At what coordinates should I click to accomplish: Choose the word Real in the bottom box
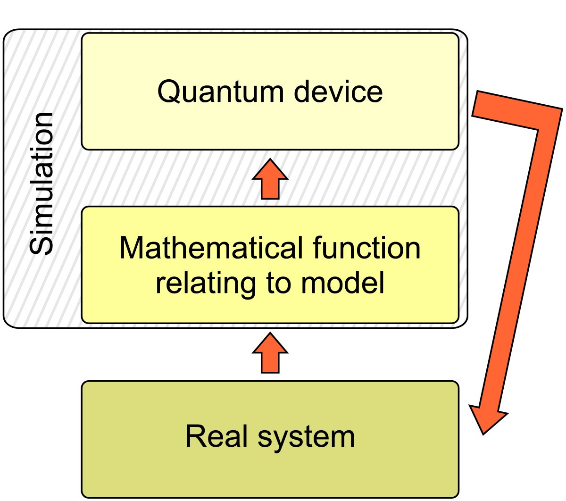pyautogui.click(x=215, y=436)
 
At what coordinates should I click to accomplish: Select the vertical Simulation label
pyautogui.click(x=42, y=184)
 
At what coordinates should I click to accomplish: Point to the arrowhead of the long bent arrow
pyautogui.click(x=486, y=417)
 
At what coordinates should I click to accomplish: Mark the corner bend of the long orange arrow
pyautogui.click(x=547, y=121)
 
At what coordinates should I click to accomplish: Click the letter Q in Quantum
pyautogui.click(x=169, y=92)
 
